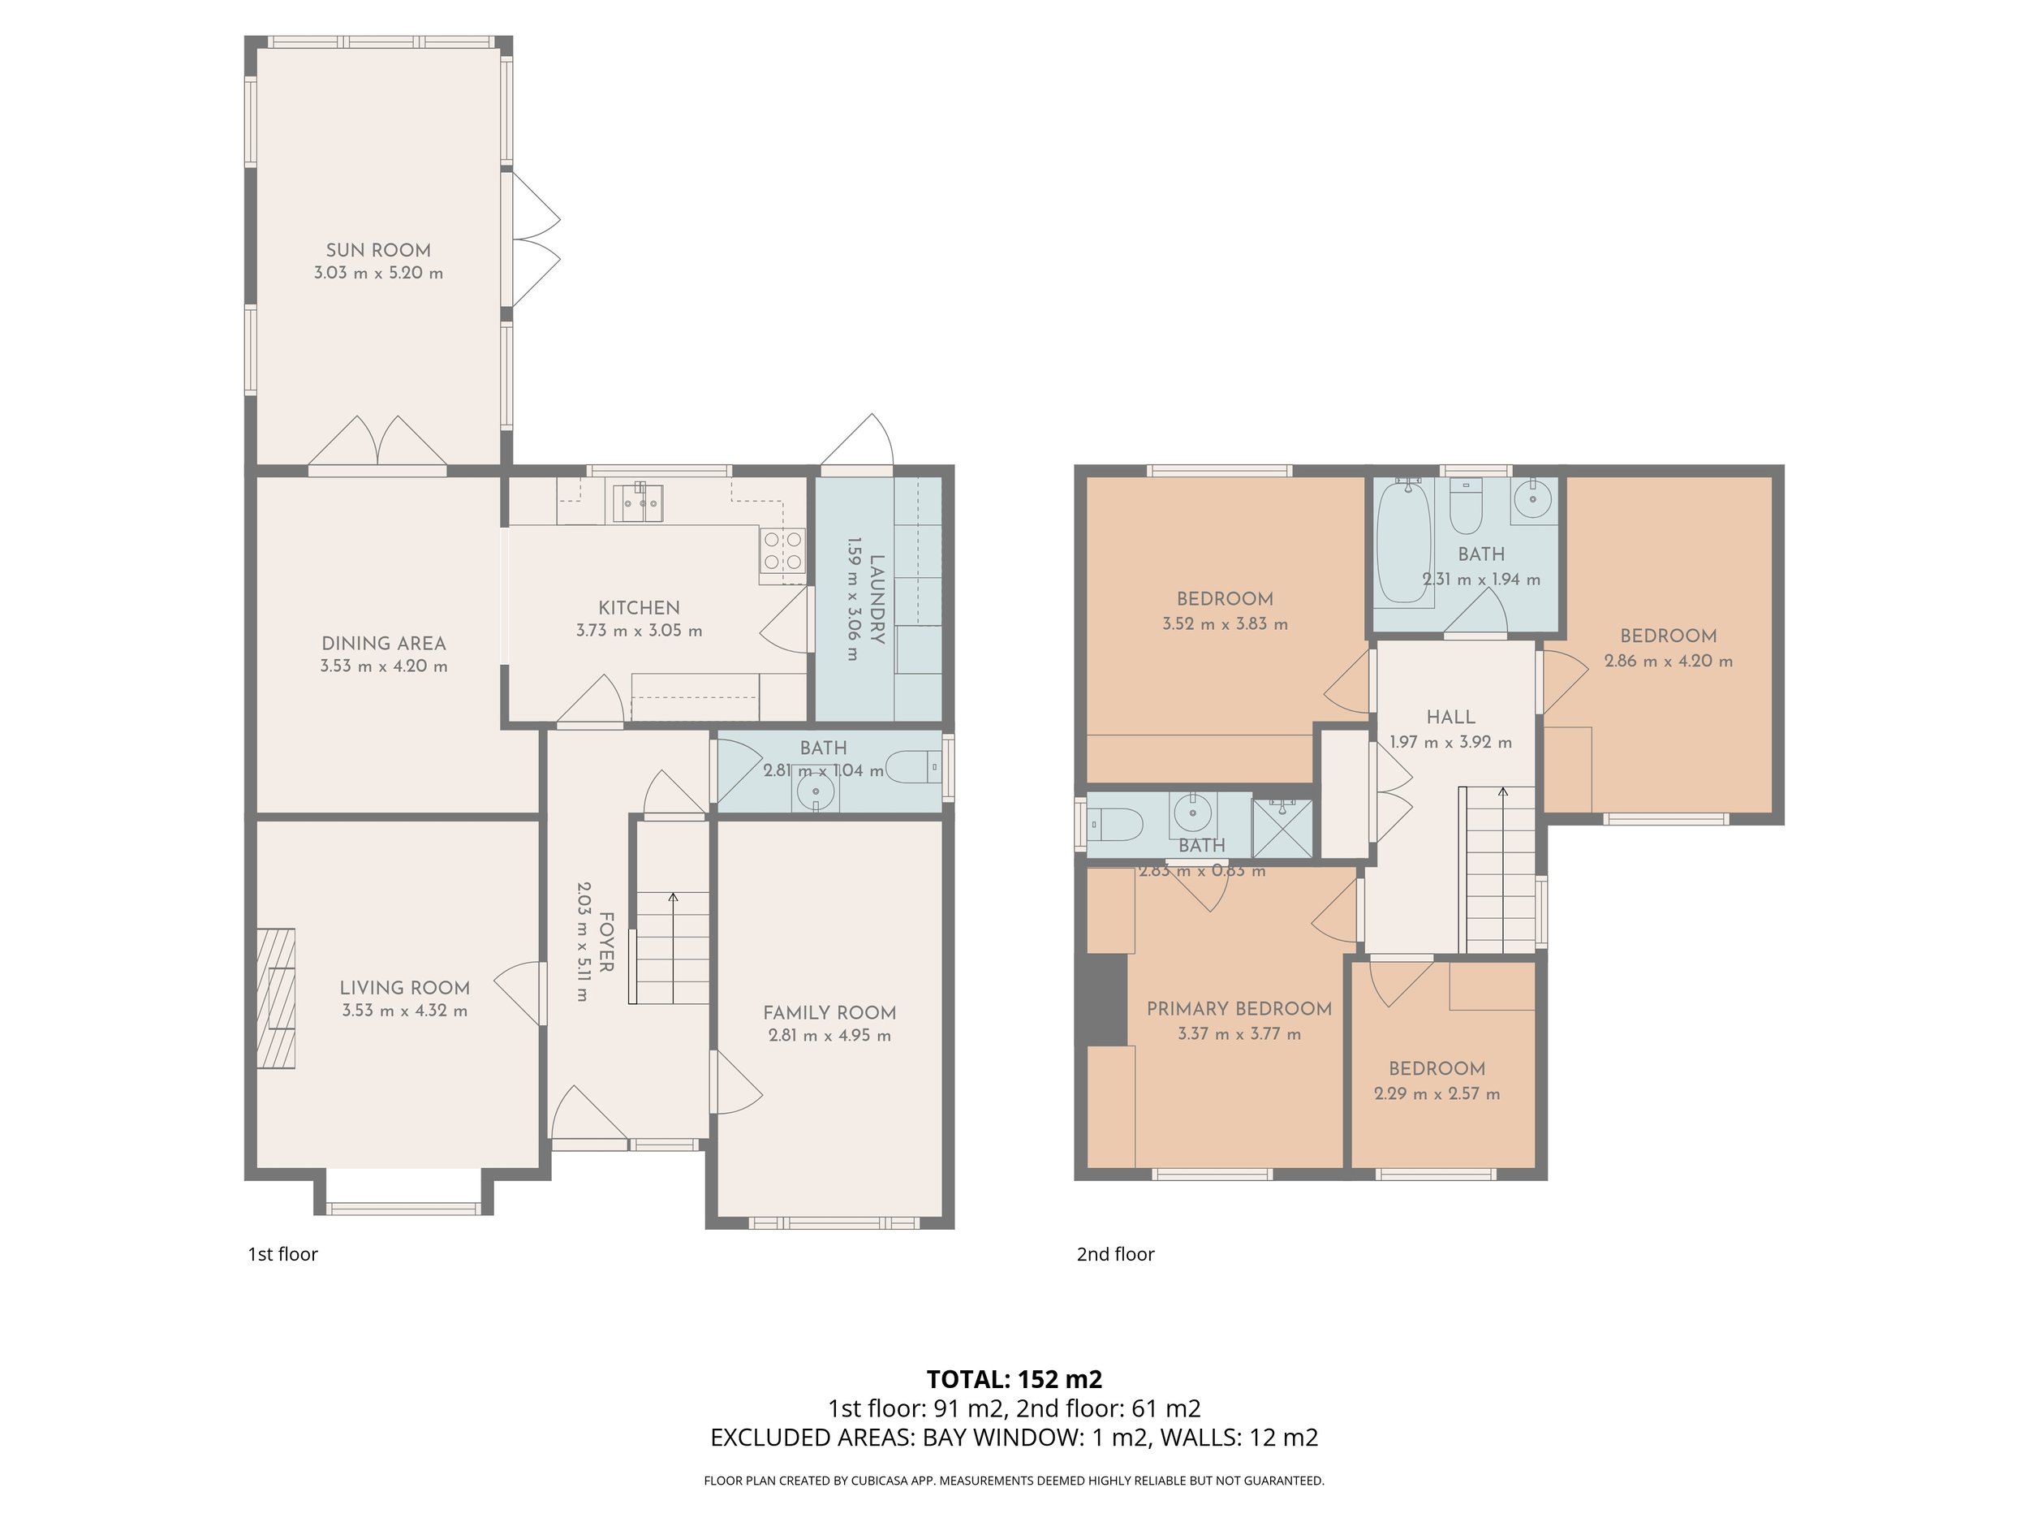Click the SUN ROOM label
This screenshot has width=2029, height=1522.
pyautogui.click(x=378, y=249)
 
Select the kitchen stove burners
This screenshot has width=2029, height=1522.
pyautogui.click(x=782, y=550)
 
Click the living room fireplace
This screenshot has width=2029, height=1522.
pyautogui.click(x=275, y=998)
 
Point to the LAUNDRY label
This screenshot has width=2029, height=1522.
pyautogui.click(x=877, y=600)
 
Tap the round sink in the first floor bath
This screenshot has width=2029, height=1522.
pyautogui.click(x=816, y=791)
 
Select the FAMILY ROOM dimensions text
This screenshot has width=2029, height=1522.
pyautogui.click(x=829, y=1036)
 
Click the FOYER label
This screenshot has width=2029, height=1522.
pyautogui.click(x=605, y=942)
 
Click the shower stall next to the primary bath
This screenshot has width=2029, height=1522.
pyautogui.click(x=1282, y=827)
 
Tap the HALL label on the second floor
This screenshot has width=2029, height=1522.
pyautogui.click(x=1450, y=718)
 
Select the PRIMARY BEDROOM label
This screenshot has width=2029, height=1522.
pyautogui.click(x=1239, y=1009)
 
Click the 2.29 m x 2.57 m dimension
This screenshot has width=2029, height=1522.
pyautogui.click(x=1437, y=1093)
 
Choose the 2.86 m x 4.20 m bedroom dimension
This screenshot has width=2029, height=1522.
pyautogui.click(x=1668, y=661)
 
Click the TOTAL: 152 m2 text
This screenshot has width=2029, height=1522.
pyautogui.click(x=1014, y=1380)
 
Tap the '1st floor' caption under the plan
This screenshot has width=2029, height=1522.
pyautogui.click(x=282, y=1254)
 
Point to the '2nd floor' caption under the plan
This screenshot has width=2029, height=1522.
pyautogui.click(x=1115, y=1254)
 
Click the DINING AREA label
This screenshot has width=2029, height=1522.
pyautogui.click(x=383, y=643)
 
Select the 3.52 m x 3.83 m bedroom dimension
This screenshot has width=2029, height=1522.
pyautogui.click(x=1225, y=624)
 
